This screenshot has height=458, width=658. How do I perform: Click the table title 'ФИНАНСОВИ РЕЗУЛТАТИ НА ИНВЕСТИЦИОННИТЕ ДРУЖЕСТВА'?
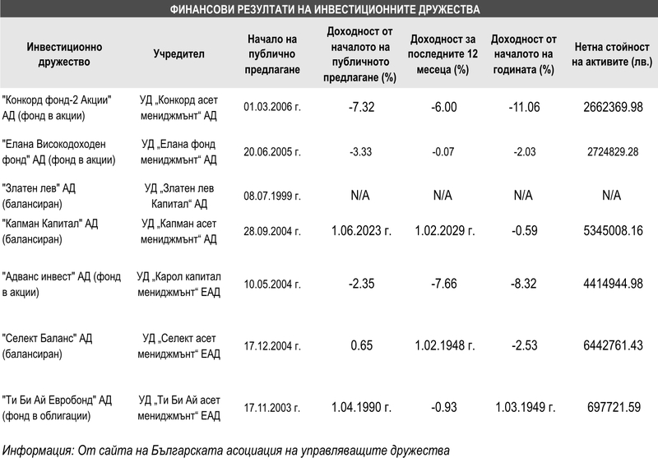325,9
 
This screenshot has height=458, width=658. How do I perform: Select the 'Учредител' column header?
178,54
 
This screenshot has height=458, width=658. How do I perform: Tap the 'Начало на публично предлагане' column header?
272,54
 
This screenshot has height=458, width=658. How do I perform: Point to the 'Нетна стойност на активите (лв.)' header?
612,54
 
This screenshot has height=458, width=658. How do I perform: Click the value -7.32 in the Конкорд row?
361,108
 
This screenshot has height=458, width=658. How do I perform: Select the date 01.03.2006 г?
272,107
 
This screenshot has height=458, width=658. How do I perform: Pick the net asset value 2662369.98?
613,108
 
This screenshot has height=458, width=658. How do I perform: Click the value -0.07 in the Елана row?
443,152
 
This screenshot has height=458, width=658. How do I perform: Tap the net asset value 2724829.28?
613,152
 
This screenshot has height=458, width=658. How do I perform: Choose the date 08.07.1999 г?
272,196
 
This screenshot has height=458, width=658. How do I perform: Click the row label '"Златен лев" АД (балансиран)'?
39,196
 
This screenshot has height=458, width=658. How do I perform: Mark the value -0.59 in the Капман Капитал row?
524,231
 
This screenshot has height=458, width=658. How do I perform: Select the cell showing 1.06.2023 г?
361,231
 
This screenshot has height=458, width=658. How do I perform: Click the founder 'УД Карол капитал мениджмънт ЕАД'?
178,285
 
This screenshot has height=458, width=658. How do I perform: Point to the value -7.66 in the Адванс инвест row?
443,284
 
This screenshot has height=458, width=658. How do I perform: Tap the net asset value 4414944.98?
613,284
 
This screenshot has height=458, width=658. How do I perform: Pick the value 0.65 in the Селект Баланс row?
361,345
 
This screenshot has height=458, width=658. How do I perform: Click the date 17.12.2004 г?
272,346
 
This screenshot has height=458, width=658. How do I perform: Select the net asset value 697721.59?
614,407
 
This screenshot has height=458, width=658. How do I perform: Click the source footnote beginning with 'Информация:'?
225,451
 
